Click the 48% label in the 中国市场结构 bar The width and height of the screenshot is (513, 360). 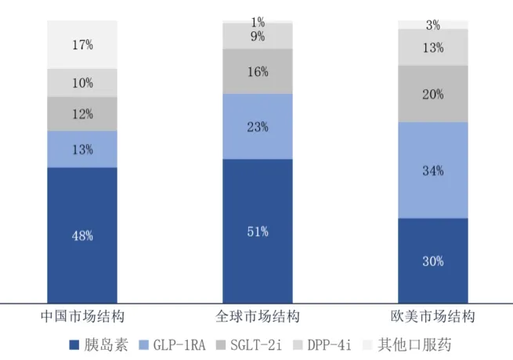(x=82, y=235)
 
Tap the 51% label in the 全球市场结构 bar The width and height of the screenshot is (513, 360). (x=258, y=231)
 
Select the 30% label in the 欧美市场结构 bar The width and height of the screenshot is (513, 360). (x=433, y=261)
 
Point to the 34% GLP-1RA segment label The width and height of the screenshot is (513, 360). (x=433, y=170)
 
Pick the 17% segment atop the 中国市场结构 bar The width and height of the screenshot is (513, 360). (x=82, y=45)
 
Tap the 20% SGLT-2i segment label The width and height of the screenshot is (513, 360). (x=433, y=94)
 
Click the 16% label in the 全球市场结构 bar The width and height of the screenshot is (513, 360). (x=258, y=72)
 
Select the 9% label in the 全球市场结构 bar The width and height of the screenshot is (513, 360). (x=258, y=35)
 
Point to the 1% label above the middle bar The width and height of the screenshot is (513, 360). (x=258, y=21)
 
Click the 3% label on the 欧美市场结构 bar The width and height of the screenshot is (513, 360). (x=433, y=25)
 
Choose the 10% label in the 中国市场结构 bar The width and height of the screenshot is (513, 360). (x=82, y=82)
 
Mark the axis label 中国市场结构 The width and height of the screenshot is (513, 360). (x=82, y=317)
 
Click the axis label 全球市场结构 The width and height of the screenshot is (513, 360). (x=258, y=317)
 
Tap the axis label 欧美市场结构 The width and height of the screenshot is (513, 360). (x=433, y=317)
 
